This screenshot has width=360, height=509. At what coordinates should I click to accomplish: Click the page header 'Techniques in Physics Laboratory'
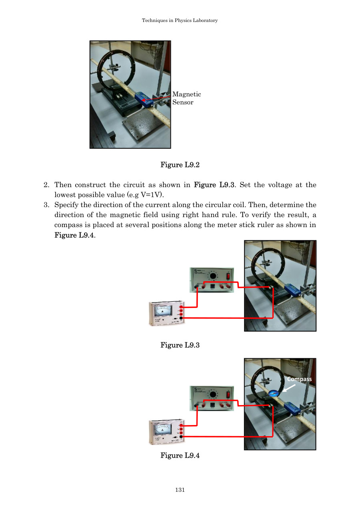coord(180,20)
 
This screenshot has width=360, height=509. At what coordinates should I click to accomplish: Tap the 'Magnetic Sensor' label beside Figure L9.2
coord(186,98)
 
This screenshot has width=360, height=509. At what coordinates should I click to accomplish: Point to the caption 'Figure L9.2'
coord(180,165)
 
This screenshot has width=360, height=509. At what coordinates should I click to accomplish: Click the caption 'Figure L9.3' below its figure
coord(180,345)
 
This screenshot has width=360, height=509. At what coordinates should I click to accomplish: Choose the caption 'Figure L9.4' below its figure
coord(180,455)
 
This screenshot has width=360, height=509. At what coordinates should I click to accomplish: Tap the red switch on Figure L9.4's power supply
coord(228,395)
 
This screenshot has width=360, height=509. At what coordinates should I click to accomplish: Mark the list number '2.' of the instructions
coord(46,185)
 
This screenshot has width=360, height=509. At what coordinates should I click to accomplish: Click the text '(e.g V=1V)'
coord(147,195)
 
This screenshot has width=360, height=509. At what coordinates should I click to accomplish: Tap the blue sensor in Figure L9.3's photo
coord(292,290)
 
